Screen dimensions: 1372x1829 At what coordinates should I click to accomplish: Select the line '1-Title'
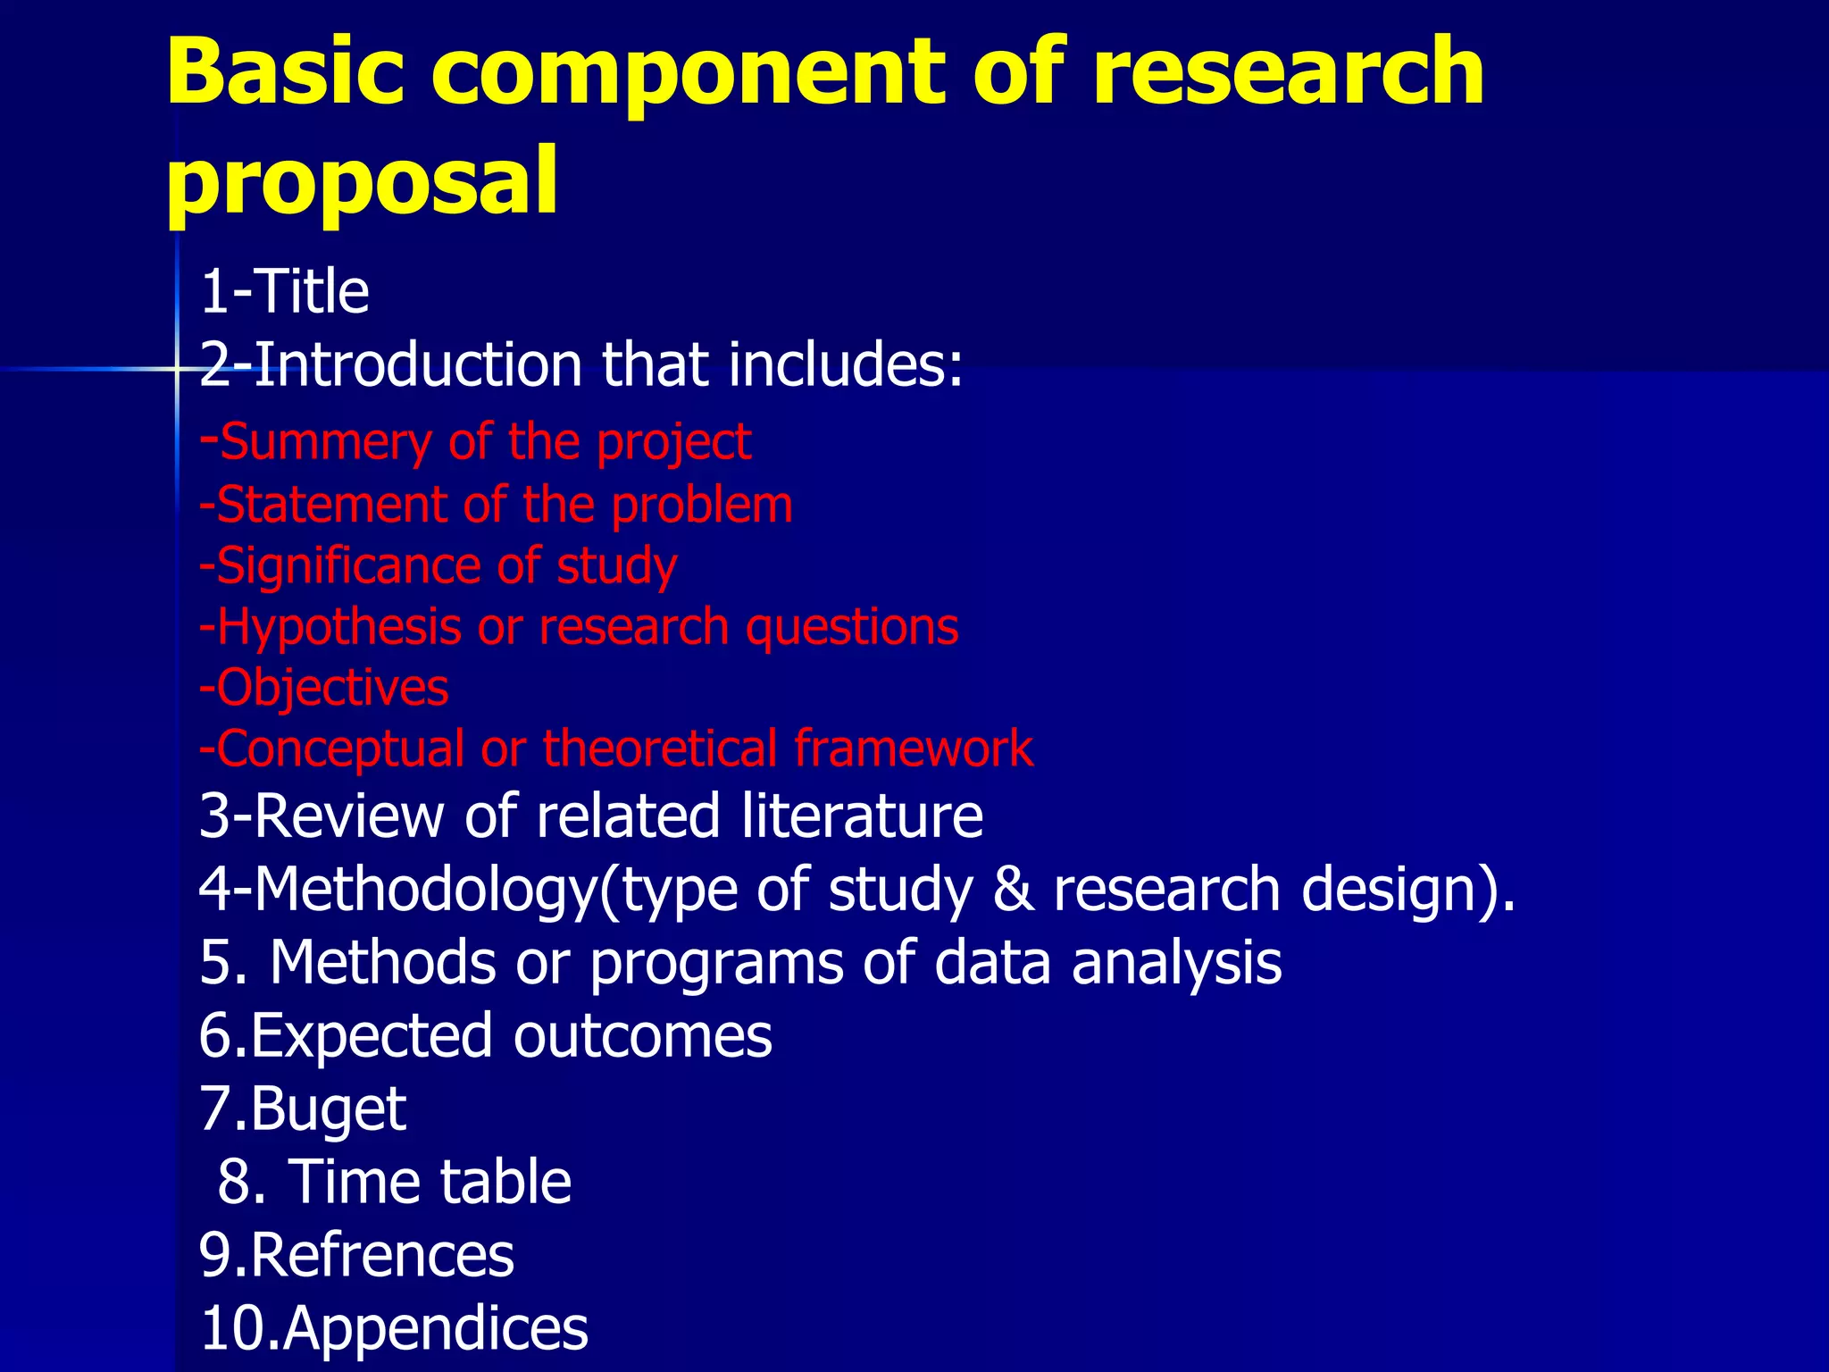[284, 292]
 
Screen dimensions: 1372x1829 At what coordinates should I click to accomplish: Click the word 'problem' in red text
[702, 506]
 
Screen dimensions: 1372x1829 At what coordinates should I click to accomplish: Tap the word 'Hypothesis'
[339, 627]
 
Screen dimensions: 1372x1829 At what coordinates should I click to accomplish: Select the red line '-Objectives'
[323, 688]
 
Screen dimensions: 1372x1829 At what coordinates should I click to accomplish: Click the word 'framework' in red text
[913, 749]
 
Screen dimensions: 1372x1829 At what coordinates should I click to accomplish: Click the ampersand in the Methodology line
[1012, 890]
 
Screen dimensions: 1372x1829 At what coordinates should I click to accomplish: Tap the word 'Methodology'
[424, 890]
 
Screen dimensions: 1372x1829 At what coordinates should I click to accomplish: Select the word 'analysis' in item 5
[1176, 963]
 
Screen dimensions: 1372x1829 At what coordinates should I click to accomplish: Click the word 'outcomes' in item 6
[642, 1036]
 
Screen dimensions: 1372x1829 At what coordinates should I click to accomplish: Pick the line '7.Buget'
[303, 1109]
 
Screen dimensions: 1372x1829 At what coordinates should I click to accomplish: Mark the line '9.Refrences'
[356, 1255]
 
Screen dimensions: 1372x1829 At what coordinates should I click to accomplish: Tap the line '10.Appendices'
[394, 1328]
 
